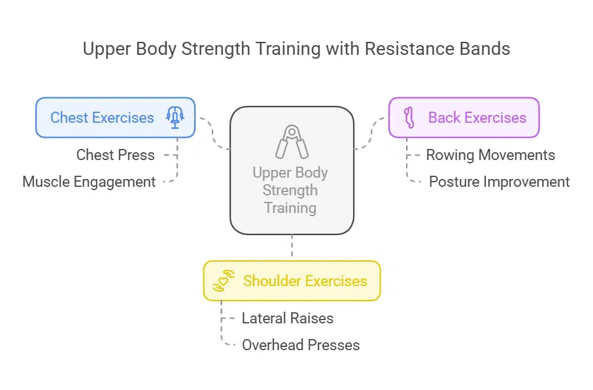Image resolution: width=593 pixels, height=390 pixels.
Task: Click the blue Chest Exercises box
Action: [x=115, y=118]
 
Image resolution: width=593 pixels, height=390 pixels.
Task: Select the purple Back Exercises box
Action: [x=464, y=118]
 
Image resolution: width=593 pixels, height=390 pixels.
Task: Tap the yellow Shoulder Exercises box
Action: [x=292, y=281]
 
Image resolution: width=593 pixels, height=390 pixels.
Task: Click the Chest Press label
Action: [x=116, y=155]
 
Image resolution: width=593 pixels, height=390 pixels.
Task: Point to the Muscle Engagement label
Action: [x=89, y=182]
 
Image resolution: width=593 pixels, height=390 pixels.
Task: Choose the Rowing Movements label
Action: [x=490, y=155]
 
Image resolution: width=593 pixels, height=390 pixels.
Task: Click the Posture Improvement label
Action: [x=499, y=182]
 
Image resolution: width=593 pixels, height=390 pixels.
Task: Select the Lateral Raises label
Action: [x=288, y=318]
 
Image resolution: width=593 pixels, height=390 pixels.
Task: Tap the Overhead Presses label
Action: [x=301, y=344]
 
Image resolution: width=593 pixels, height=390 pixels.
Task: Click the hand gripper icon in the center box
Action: [x=292, y=141]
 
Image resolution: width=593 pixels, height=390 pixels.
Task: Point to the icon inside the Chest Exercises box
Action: [x=175, y=118]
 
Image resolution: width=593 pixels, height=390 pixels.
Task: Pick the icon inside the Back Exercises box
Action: [x=410, y=118]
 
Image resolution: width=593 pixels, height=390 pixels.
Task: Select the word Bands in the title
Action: [x=482, y=50]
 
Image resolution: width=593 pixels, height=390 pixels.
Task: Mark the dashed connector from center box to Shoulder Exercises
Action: [x=292, y=248]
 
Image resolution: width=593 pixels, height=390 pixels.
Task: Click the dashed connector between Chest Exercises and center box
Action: [x=215, y=134]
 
